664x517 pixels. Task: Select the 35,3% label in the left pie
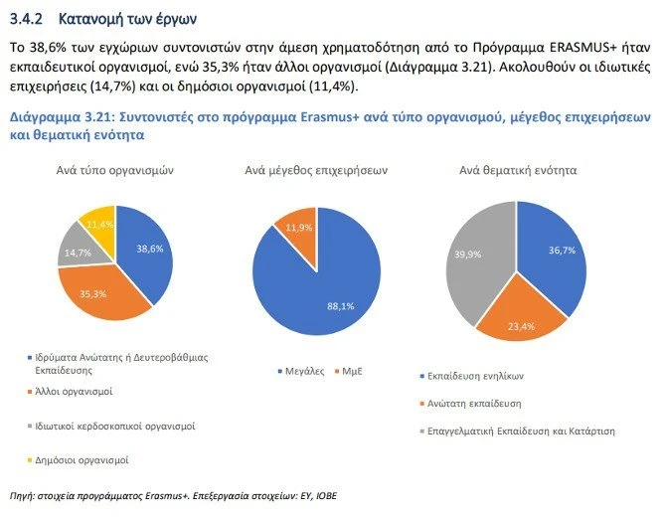pos(93,294)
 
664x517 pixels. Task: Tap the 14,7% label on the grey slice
pos(75,255)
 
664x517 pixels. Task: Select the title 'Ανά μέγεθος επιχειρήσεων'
pos(315,171)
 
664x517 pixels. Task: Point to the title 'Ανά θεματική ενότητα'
pos(518,171)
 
